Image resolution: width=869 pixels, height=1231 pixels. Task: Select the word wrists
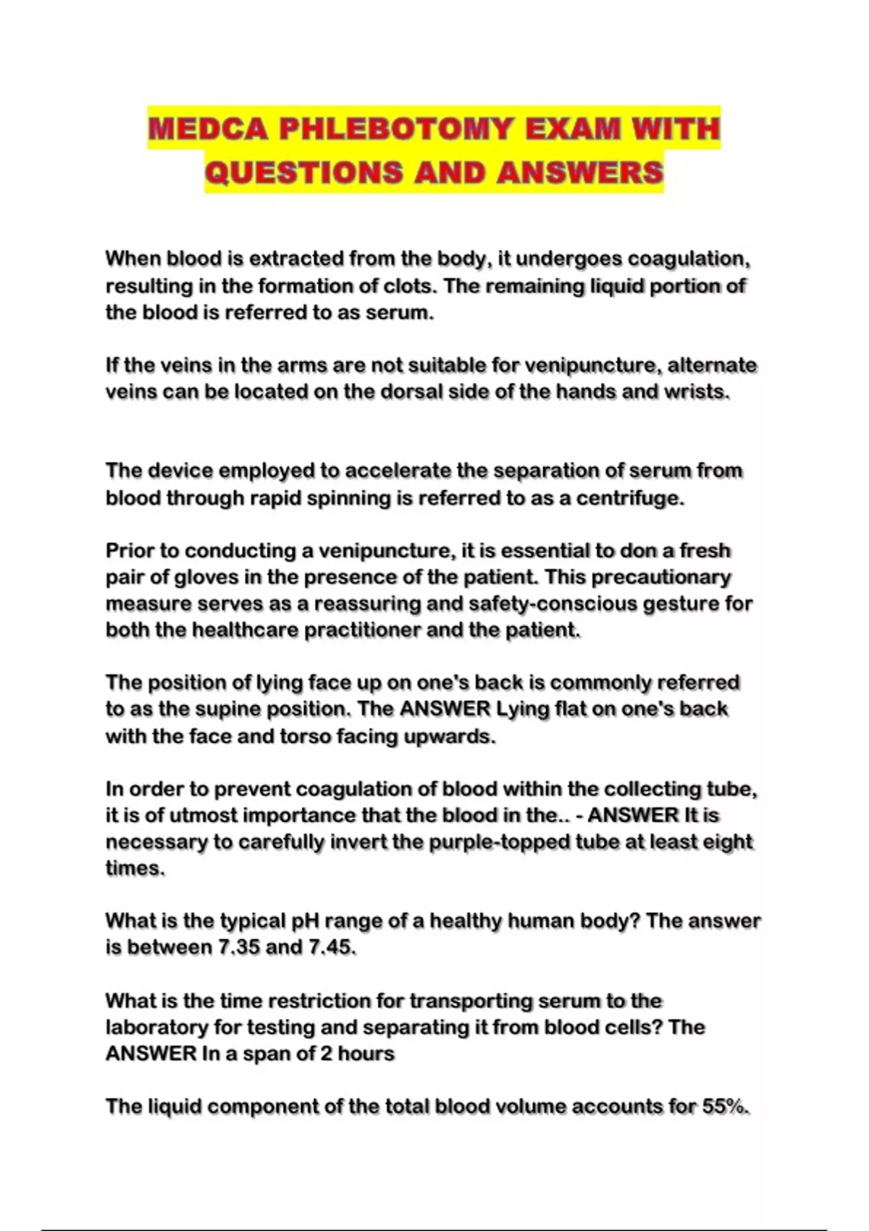pos(697,392)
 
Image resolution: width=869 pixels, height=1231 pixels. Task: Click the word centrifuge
pos(629,498)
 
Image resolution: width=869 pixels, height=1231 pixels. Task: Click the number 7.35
pos(239,947)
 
